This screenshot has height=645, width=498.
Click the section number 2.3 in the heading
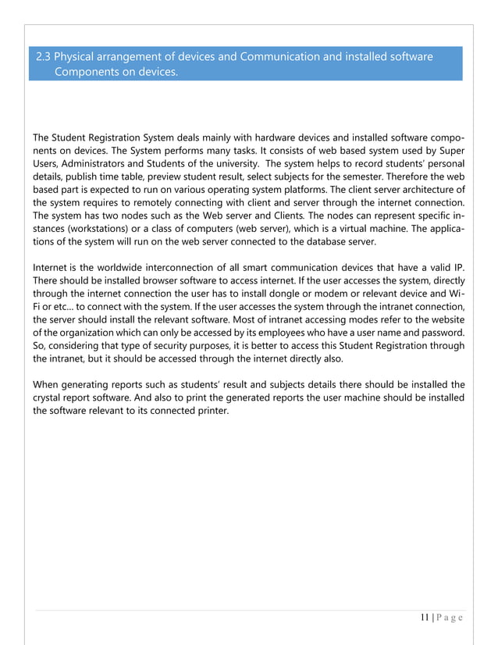45,57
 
